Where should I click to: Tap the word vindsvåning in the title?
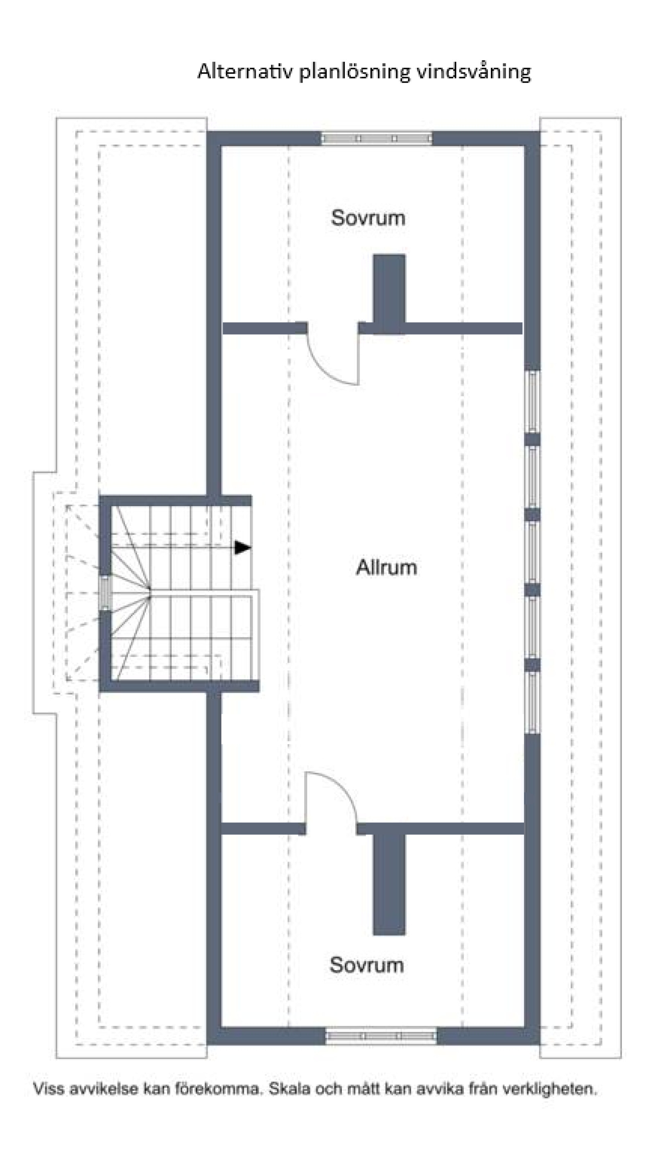coord(473,72)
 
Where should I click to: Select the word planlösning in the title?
coord(355,72)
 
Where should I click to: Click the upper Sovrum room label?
coord(368,218)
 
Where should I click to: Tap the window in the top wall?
coord(377,138)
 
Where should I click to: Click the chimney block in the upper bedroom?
coord(389,294)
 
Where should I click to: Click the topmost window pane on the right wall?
coord(533,401)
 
